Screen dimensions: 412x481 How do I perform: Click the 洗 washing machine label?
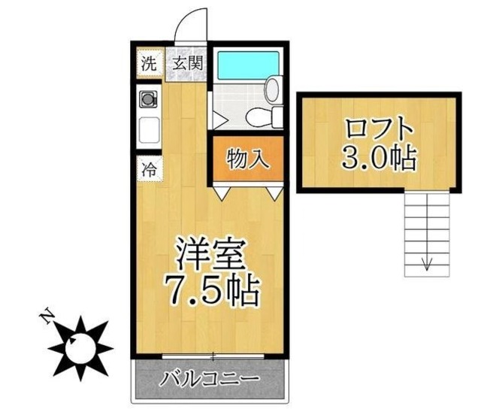tap(149, 64)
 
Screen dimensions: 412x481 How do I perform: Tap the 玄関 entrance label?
tap(186, 64)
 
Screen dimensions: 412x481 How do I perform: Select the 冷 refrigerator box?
tap(149, 168)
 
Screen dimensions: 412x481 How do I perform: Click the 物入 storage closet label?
tap(245, 159)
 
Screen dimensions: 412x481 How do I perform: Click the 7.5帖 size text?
tap(213, 290)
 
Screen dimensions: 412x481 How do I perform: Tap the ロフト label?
tap(379, 127)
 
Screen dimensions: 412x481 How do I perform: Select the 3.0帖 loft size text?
tap(379, 156)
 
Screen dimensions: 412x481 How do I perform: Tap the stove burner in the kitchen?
tap(149, 97)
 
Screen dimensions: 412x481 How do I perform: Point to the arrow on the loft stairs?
tap(427, 263)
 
